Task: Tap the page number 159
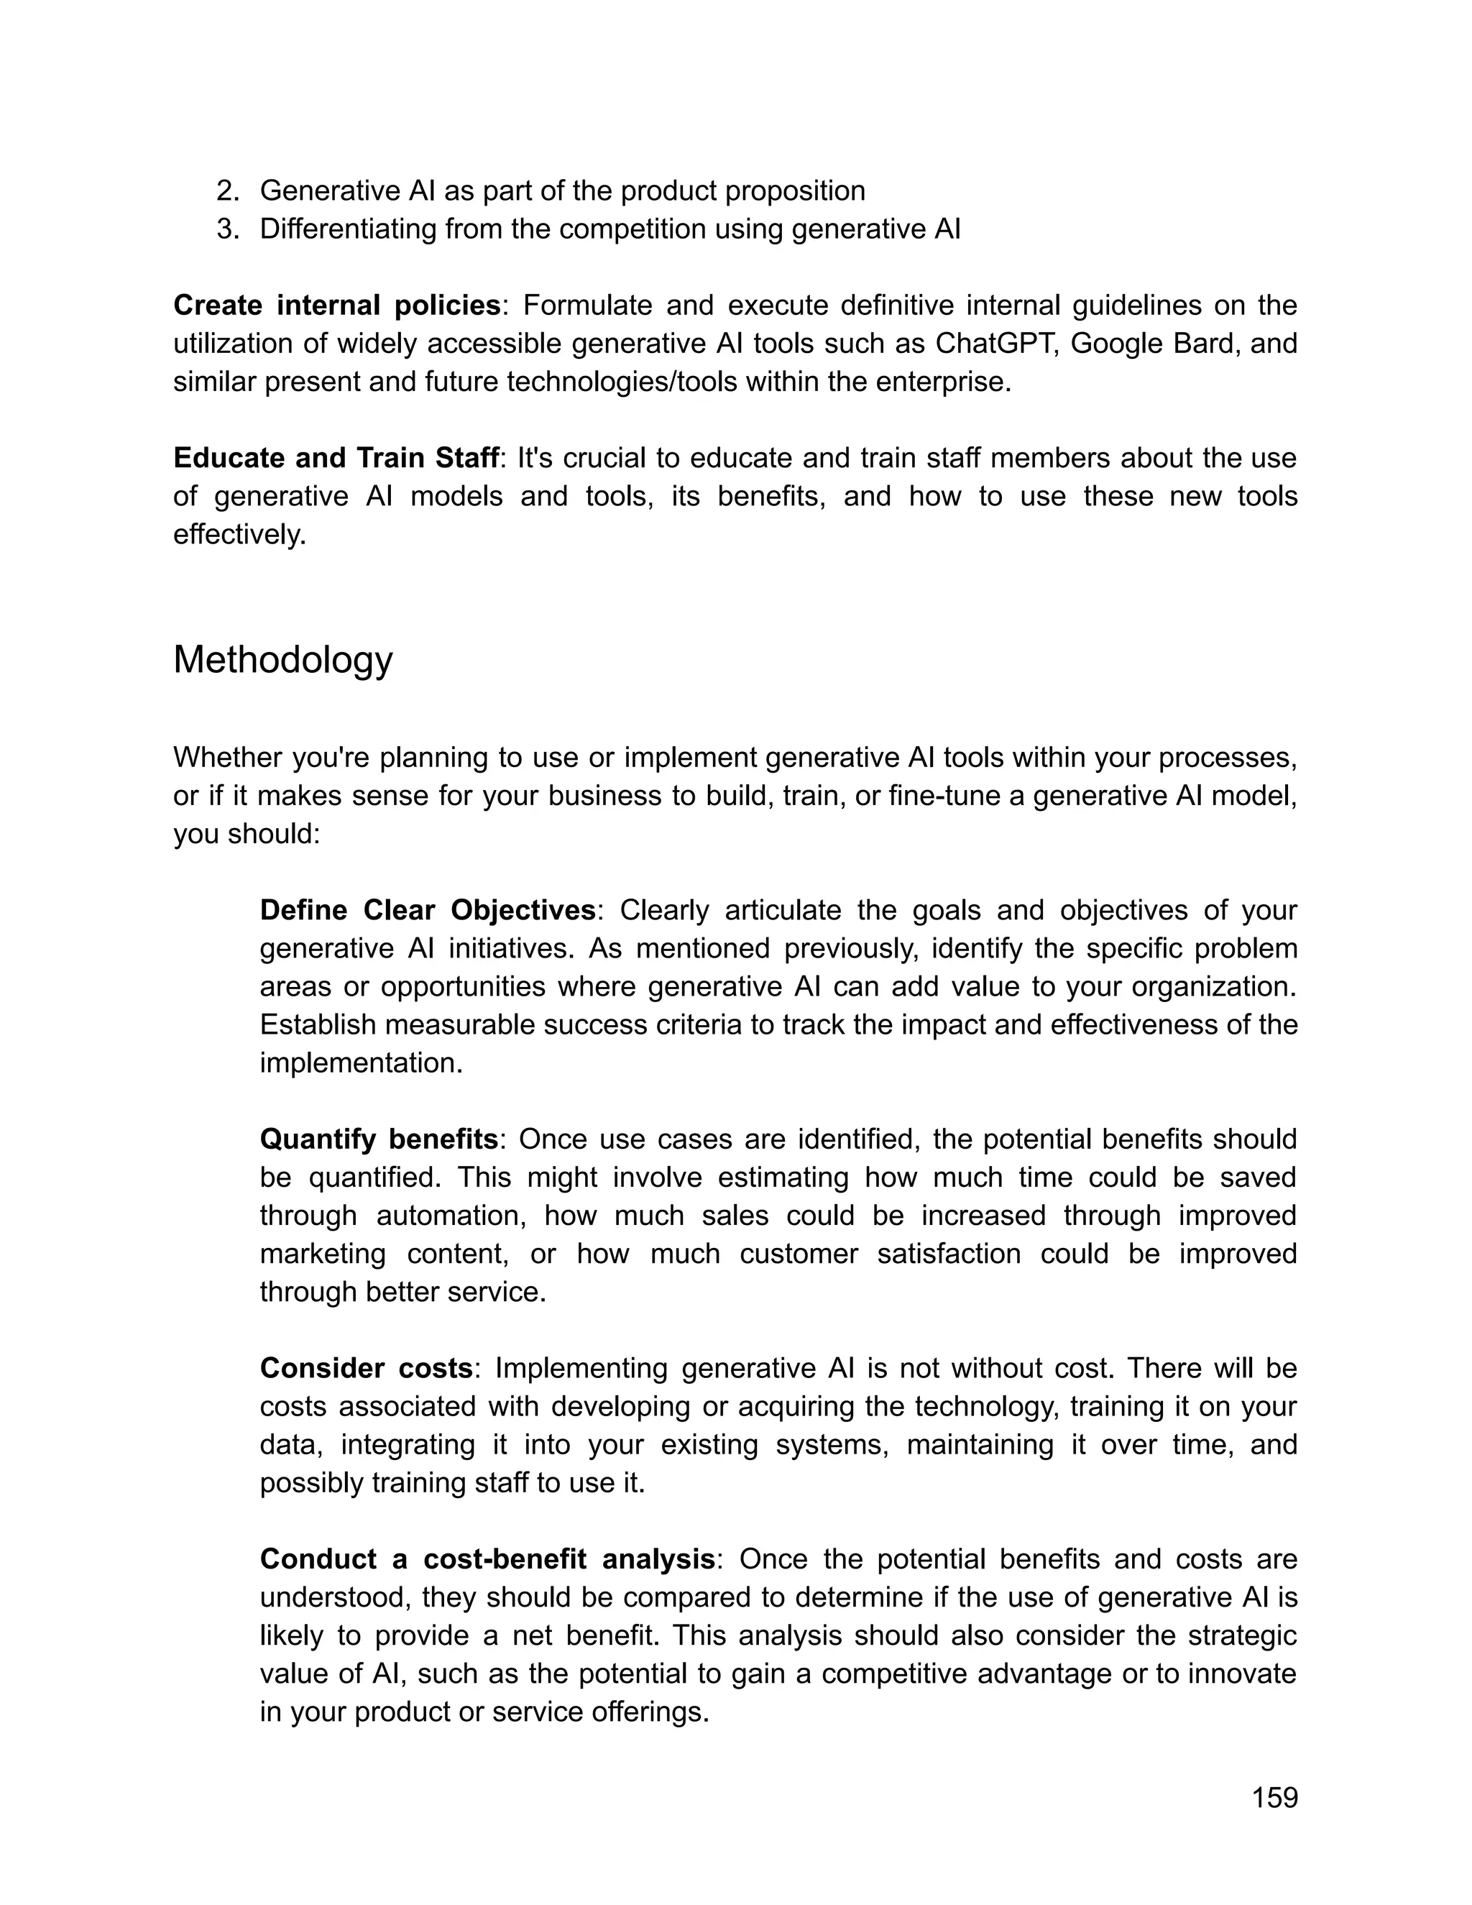pos(1274,1798)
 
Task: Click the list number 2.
pos(226,190)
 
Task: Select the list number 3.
pos(226,229)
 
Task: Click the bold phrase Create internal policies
pos(336,306)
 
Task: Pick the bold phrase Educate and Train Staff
pos(336,458)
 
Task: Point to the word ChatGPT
pos(996,344)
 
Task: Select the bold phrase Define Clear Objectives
pos(428,911)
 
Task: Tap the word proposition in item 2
pos(794,190)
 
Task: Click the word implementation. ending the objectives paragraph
pos(361,1063)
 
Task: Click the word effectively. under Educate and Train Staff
pos(240,535)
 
